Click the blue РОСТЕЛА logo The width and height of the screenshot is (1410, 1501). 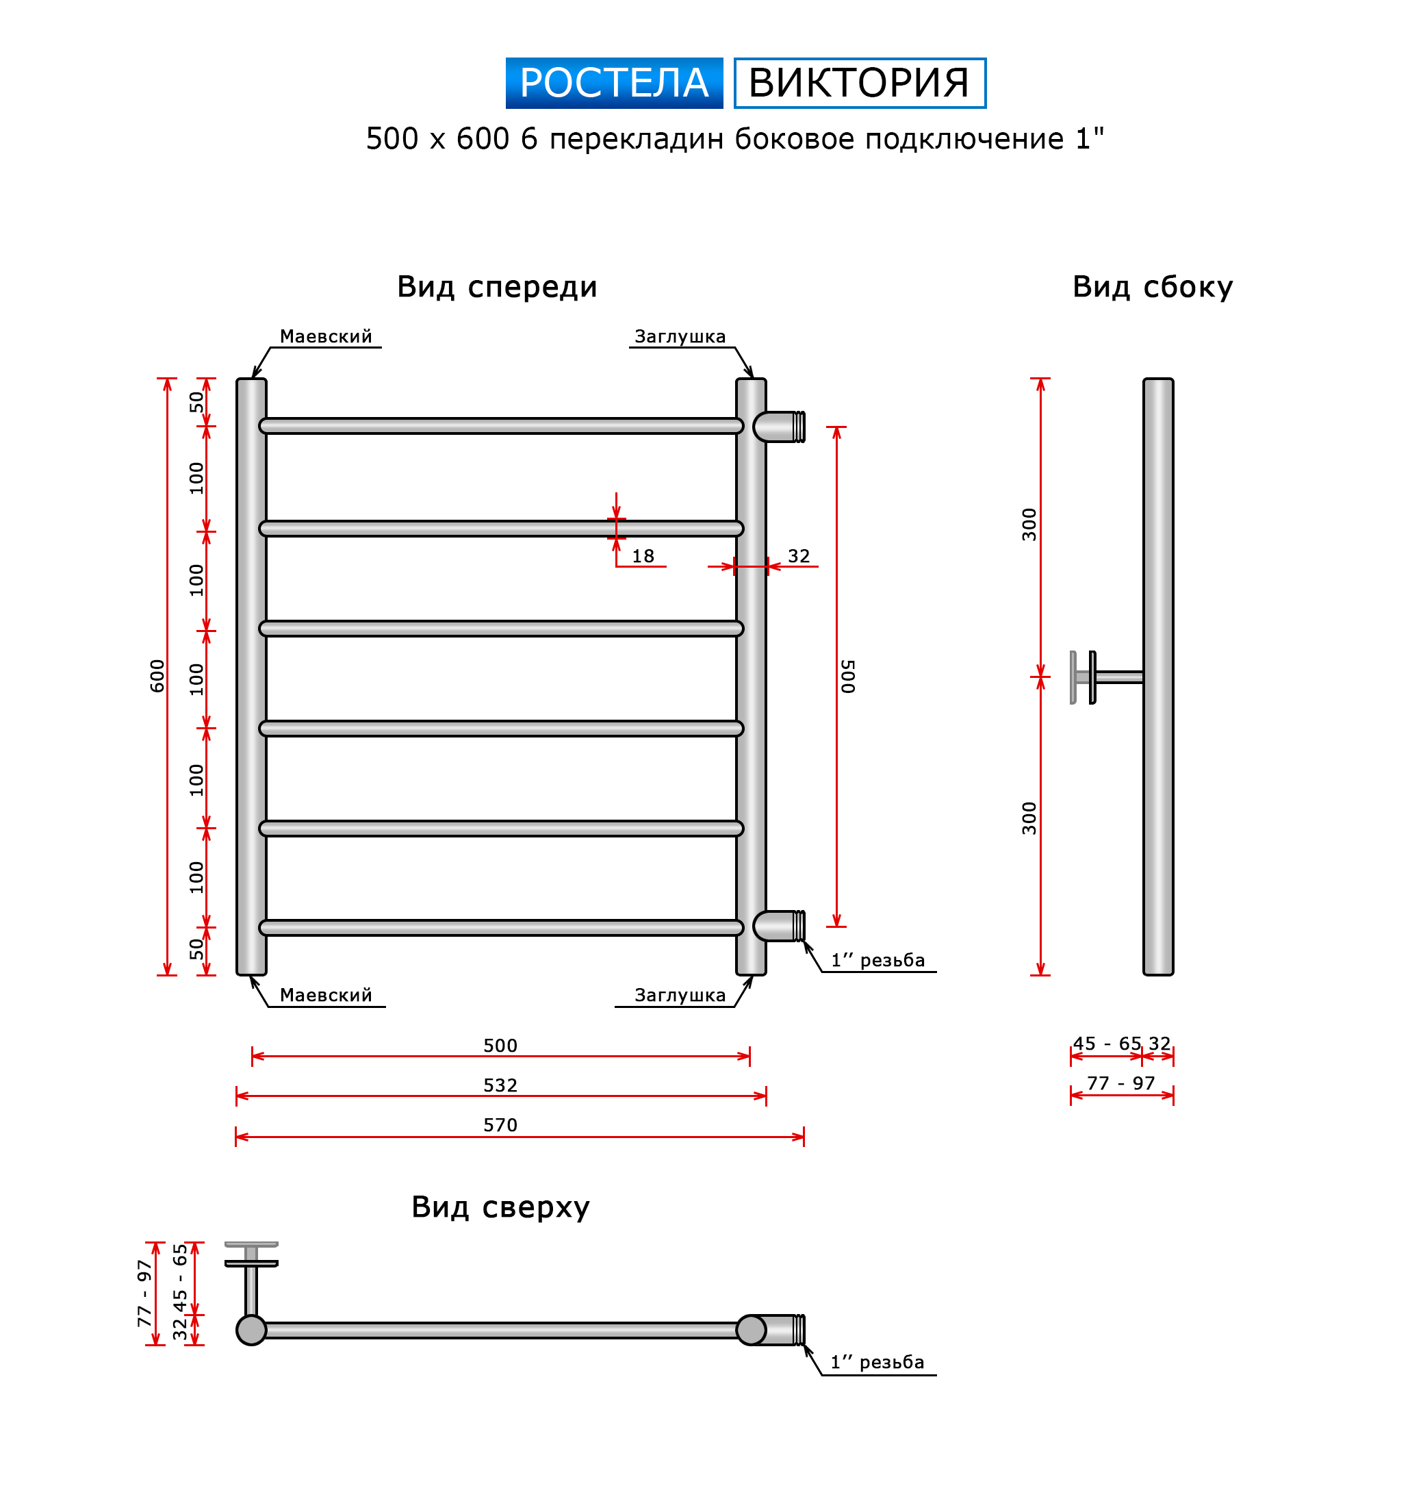click(614, 83)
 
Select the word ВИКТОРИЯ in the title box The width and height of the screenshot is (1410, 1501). click(858, 83)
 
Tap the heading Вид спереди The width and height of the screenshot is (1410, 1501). click(497, 288)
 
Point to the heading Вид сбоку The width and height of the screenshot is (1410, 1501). click(1152, 288)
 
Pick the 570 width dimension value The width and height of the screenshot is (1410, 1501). click(500, 1125)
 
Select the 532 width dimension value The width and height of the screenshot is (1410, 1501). click(500, 1085)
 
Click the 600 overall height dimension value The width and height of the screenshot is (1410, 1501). click(157, 676)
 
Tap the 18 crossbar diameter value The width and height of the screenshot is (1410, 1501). click(642, 556)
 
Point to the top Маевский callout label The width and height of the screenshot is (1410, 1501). click(325, 337)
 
